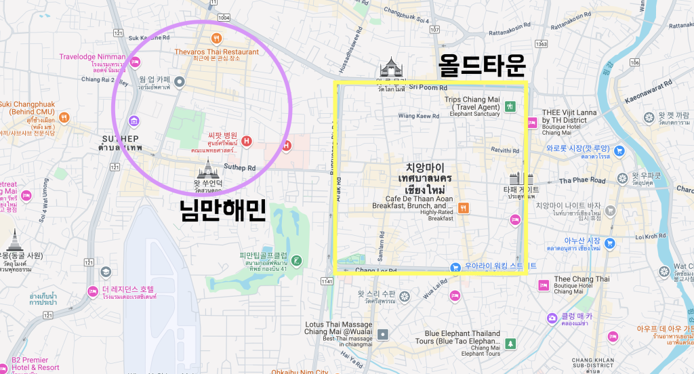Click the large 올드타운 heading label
[482, 66]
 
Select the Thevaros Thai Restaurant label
[216, 51]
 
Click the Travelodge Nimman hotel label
[92, 57]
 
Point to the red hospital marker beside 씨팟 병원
[247, 141]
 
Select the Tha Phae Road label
[582, 180]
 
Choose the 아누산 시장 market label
[582, 240]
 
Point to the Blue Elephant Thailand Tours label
[462, 333]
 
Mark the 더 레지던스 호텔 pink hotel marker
[93, 291]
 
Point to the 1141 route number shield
[329, 280]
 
